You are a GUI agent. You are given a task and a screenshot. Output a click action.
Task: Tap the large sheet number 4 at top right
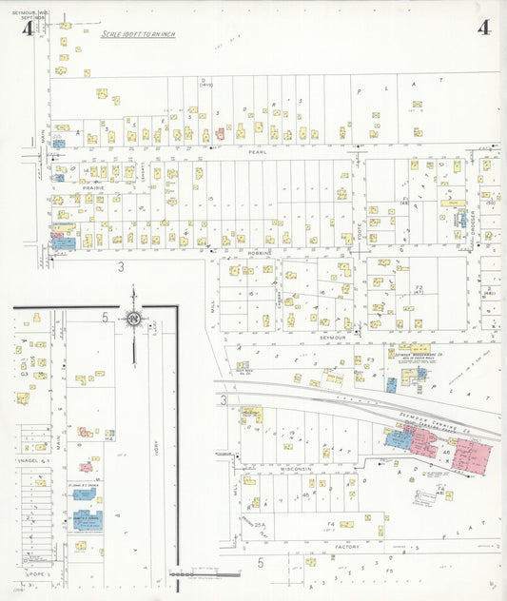484,28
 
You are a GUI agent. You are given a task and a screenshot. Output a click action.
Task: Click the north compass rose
134,319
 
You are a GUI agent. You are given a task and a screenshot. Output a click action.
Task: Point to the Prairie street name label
93,188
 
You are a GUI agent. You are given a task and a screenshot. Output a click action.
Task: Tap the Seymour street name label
331,337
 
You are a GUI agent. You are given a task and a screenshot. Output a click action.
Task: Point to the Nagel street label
27,460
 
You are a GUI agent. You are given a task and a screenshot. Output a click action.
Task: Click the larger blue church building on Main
88,519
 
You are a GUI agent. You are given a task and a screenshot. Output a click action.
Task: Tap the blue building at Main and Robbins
63,242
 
